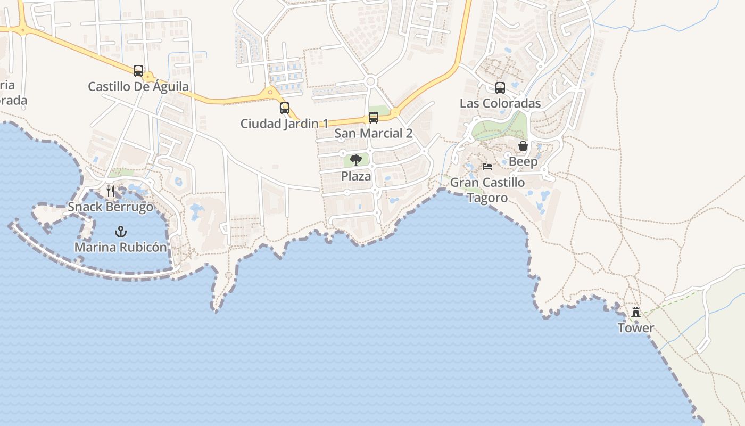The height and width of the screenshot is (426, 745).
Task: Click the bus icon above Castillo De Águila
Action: (x=138, y=70)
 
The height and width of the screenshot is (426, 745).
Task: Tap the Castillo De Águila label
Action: (x=138, y=86)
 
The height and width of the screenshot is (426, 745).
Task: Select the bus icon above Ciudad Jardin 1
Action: (x=285, y=108)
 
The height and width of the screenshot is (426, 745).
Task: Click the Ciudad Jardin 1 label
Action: (x=284, y=124)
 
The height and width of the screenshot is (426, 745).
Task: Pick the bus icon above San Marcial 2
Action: (x=374, y=118)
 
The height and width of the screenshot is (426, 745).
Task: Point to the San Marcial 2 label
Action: (x=374, y=133)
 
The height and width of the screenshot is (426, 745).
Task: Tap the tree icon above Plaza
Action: (x=356, y=160)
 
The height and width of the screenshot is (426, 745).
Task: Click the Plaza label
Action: (x=356, y=176)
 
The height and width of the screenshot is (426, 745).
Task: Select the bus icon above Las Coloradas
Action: (x=500, y=88)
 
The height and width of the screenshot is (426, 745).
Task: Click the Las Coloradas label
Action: (x=500, y=103)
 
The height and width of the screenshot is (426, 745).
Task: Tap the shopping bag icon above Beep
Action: (x=523, y=146)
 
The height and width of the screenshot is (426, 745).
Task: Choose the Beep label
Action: (x=523, y=161)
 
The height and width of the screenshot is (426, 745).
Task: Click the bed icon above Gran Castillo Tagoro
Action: (x=487, y=167)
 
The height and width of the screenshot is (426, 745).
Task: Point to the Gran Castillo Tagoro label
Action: (x=487, y=190)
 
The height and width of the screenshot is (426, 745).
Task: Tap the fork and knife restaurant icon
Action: (x=111, y=191)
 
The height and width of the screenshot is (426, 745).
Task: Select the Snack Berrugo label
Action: (x=111, y=207)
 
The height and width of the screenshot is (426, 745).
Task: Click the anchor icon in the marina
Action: (x=121, y=232)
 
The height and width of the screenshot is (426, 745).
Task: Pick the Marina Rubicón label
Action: (x=121, y=248)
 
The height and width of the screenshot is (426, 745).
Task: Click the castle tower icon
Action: (x=636, y=312)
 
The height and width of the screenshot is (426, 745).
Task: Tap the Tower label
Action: (x=636, y=328)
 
